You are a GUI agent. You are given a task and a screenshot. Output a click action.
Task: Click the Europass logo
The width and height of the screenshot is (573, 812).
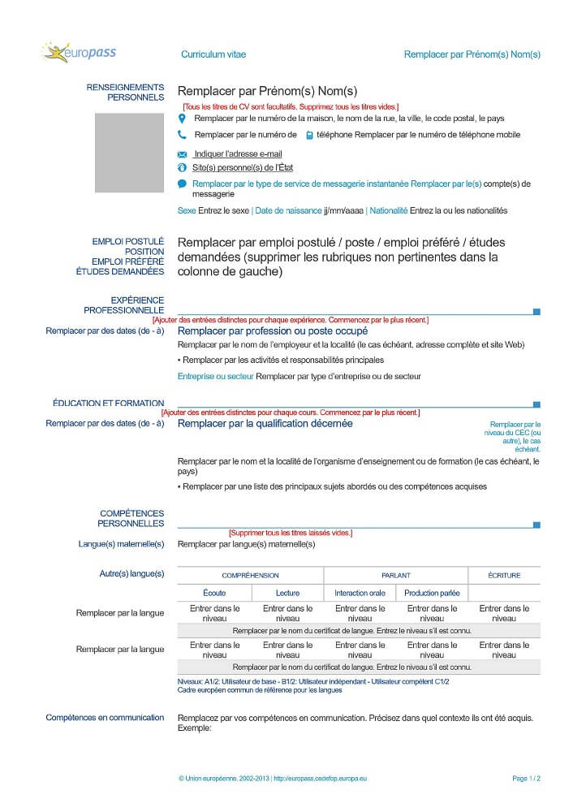79,53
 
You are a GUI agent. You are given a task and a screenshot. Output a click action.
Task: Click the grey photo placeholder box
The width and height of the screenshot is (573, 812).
128,151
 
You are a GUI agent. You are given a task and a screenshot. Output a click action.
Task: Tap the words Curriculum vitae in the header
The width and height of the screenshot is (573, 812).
213,54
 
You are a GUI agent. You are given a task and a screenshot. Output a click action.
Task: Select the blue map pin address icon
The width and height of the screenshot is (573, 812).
182,119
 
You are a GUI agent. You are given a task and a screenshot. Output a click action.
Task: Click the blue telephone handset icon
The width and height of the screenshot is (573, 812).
182,136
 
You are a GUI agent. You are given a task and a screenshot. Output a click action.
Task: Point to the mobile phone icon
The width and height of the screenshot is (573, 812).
309,136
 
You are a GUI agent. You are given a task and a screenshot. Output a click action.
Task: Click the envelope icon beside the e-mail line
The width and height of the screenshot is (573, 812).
182,154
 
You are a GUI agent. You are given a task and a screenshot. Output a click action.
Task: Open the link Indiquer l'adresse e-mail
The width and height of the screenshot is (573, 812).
238,153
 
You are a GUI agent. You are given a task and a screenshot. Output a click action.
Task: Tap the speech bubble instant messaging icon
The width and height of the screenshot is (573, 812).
182,184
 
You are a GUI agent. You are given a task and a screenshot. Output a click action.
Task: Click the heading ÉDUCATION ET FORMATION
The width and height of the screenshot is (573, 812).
109,403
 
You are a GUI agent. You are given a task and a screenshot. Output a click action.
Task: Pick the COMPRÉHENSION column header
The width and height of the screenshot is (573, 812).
250,575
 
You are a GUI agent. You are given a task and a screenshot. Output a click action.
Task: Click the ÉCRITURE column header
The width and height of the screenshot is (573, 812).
504,575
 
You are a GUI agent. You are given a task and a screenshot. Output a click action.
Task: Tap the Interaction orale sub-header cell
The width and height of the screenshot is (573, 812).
360,594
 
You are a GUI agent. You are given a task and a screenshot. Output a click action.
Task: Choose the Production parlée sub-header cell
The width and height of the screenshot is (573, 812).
432,594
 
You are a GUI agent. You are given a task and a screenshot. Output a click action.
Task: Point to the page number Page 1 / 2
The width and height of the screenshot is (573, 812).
527,778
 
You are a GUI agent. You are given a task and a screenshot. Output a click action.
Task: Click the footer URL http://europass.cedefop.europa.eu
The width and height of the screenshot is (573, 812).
320,778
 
